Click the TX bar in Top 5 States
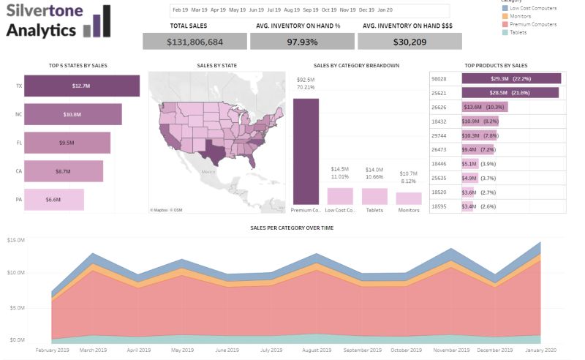click(x=81, y=86)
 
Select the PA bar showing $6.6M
click(x=54, y=200)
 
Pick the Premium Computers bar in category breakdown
click(x=306, y=151)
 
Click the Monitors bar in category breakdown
click(x=409, y=198)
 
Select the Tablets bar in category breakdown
click(x=374, y=196)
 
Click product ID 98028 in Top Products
click(x=439, y=78)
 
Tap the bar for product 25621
click(x=510, y=93)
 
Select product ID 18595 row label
click(x=439, y=206)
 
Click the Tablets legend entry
click(x=519, y=32)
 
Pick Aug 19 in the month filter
click(x=291, y=10)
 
